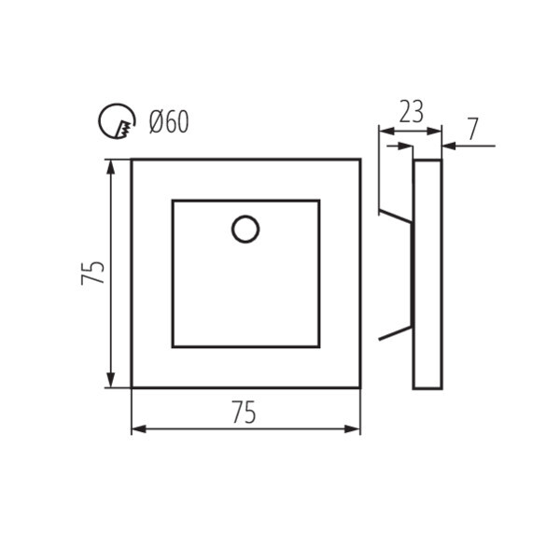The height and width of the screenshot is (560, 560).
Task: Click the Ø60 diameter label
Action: [169, 121]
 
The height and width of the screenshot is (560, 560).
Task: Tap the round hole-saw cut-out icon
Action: [116, 120]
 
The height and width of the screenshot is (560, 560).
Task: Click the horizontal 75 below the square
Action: [244, 412]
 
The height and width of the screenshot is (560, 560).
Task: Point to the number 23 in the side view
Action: [411, 112]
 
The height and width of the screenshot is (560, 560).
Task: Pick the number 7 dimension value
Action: [473, 130]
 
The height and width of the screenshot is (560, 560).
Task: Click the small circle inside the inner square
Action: [245, 229]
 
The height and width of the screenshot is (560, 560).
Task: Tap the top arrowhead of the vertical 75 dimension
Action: [111, 166]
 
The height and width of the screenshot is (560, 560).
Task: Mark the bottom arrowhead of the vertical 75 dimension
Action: [111, 380]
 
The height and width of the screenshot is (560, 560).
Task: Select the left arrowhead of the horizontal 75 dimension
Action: [138, 428]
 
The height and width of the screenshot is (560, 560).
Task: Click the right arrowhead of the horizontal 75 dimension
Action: [353, 428]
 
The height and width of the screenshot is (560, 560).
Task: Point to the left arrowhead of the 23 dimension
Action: [384, 132]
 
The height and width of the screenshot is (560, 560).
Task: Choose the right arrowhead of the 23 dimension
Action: [435, 132]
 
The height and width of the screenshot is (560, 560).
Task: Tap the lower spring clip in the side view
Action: [395, 332]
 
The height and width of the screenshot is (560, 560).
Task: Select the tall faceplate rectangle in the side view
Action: [427, 273]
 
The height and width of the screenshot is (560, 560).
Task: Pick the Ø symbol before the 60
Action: [157, 121]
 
